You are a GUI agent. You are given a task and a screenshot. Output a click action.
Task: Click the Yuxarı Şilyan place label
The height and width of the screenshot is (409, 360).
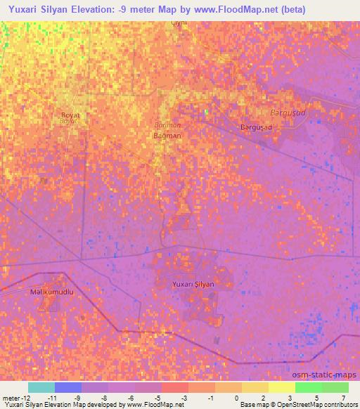point(193,284)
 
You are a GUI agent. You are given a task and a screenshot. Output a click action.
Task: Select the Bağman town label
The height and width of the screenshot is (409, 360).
point(167,135)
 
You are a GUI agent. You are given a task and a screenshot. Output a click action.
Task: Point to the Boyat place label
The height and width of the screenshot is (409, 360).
point(70,115)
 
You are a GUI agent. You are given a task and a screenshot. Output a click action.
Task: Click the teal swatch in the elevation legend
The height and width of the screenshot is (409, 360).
point(41,387)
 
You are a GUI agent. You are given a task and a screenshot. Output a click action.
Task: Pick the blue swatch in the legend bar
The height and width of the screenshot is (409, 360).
point(67,387)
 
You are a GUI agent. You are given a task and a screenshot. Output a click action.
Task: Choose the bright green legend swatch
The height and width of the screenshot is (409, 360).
point(308,387)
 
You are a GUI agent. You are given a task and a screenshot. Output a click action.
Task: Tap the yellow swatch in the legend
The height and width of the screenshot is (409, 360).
point(281,387)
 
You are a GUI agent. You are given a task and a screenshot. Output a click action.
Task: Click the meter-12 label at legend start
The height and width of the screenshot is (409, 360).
point(16,398)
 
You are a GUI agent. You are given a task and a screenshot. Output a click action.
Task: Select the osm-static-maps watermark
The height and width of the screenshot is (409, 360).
point(324,375)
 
